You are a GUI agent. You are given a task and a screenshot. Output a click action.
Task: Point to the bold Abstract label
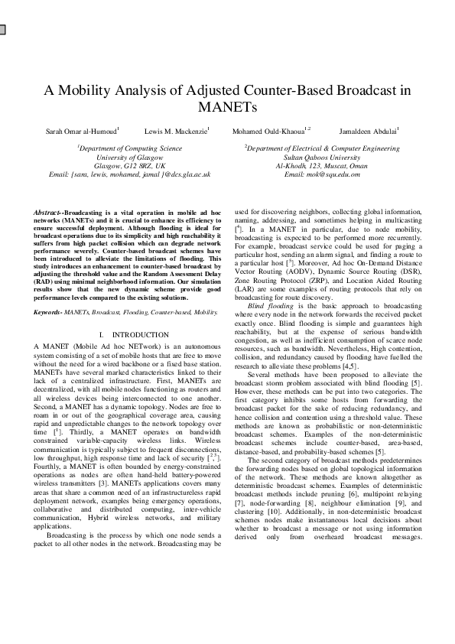click(x=48, y=210)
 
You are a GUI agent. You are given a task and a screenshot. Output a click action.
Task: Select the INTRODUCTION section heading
click(x=139, y=335)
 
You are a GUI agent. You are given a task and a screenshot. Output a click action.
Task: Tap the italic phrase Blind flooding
click(x=268, y=305)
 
